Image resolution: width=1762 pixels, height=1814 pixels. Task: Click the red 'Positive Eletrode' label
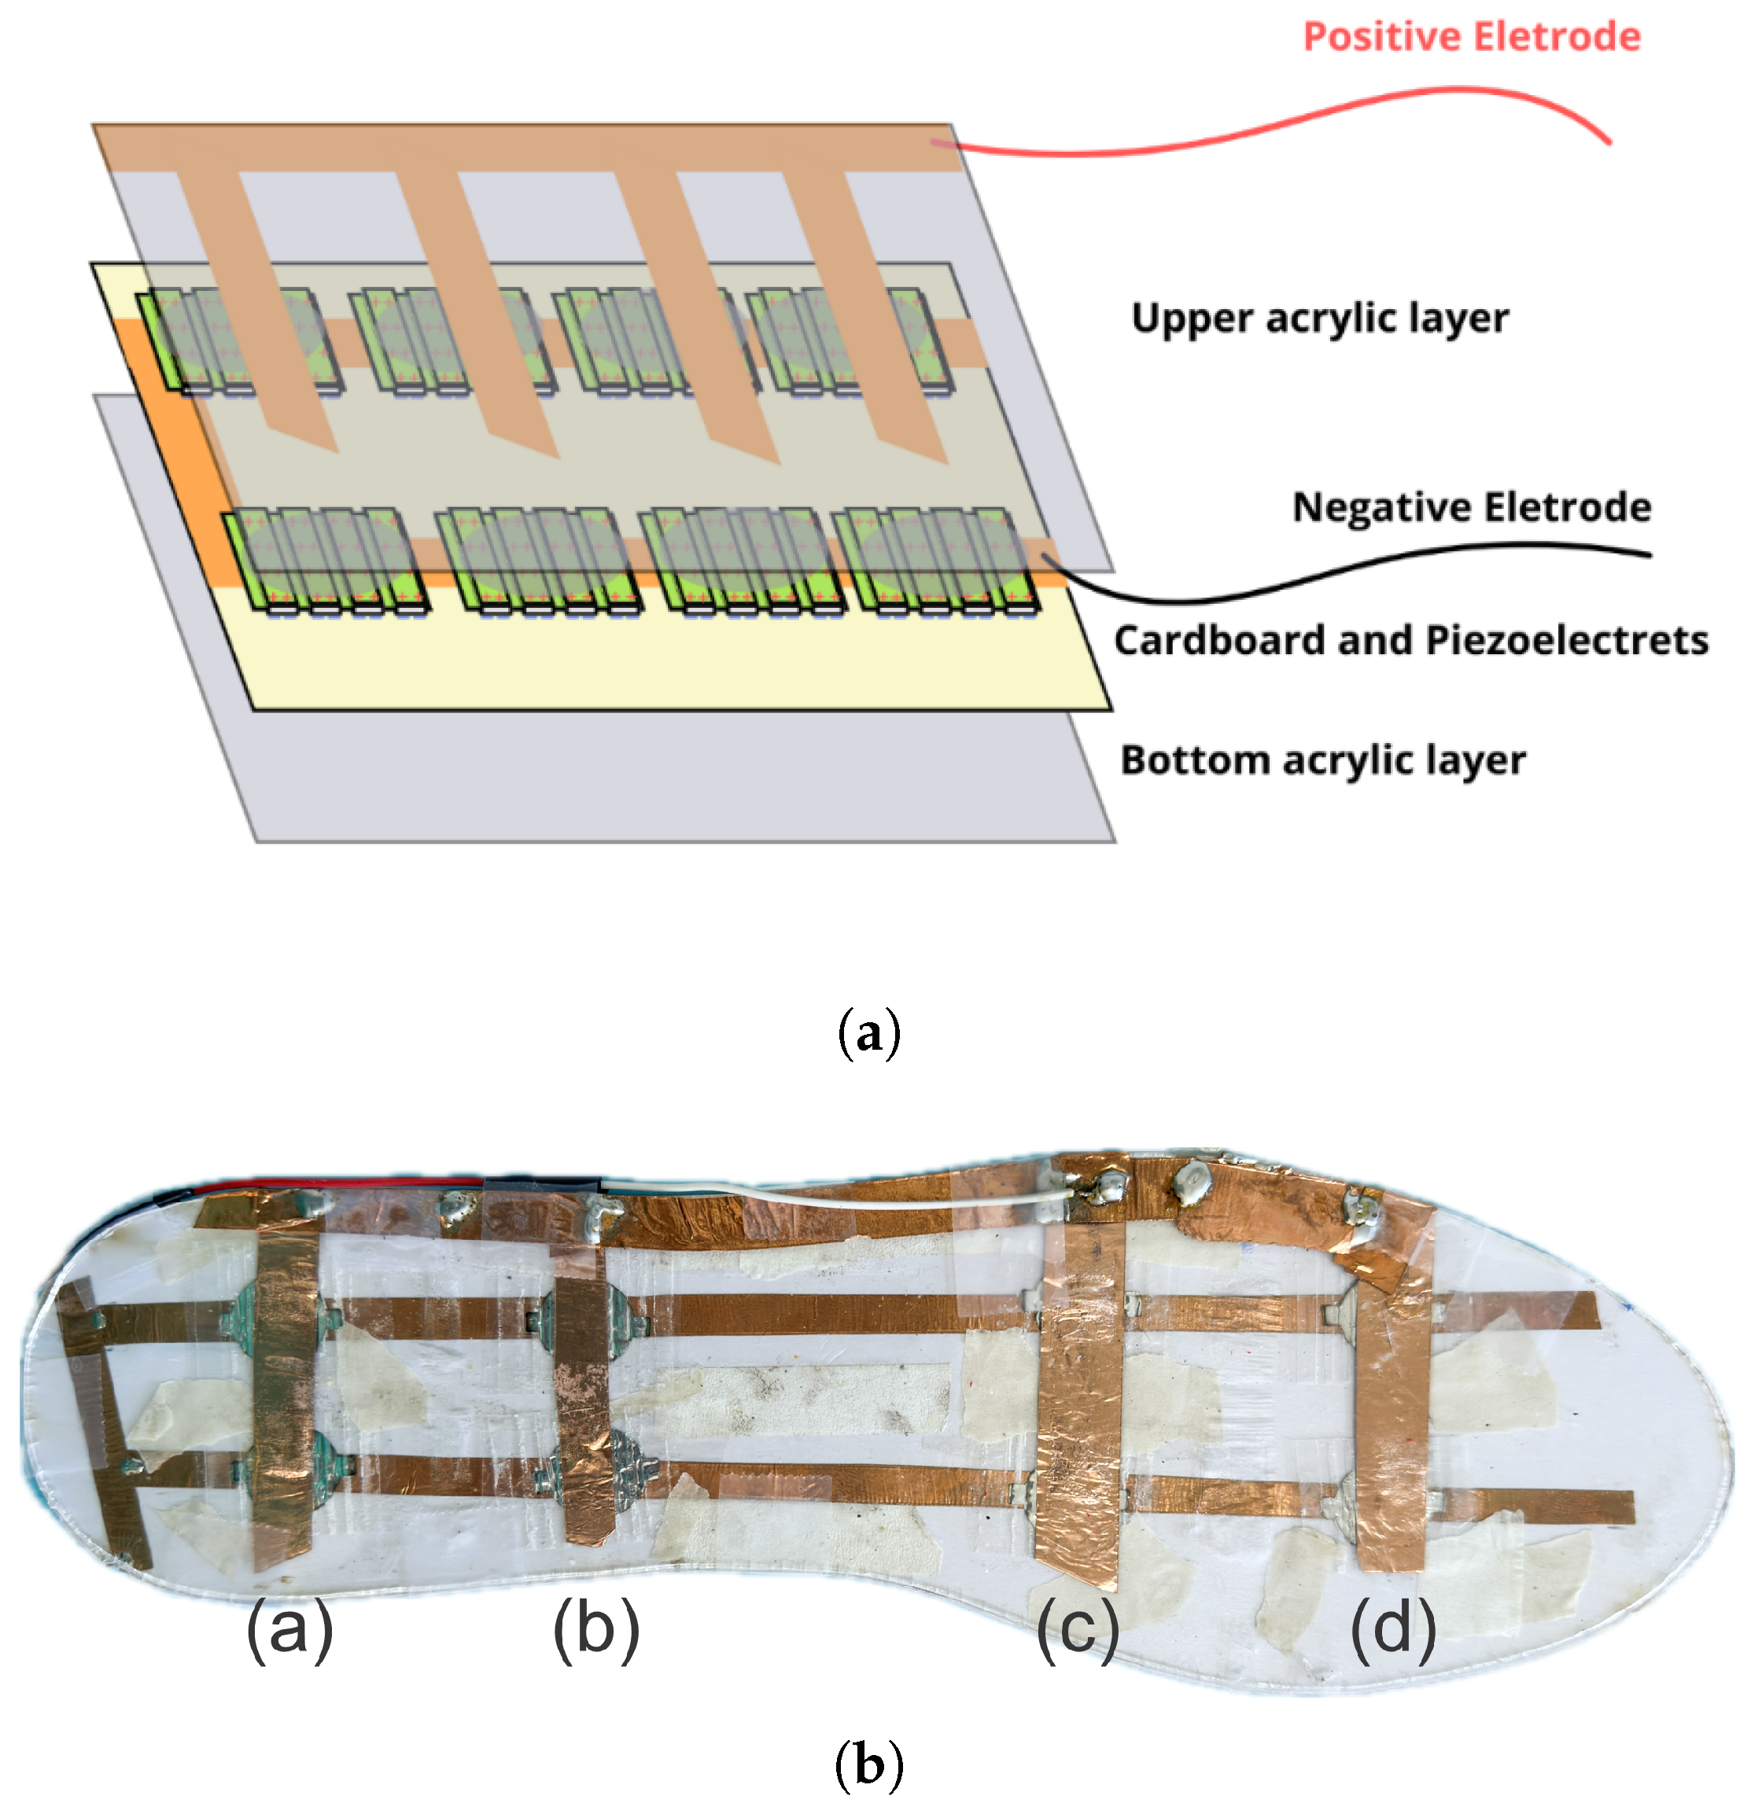(x=1470, y=37)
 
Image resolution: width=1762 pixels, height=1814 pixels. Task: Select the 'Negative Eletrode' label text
(x=1470, y=507)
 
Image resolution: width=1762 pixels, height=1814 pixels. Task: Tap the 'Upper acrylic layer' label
(x=1319, y=318)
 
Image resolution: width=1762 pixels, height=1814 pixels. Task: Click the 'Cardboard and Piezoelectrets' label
(x=1410, y=641)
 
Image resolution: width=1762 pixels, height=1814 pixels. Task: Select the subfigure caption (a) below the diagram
(x=868, y=1033)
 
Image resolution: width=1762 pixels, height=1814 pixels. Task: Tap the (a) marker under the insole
(x=289, y=1630)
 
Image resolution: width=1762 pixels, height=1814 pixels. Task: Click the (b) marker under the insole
(x=595, y=1630)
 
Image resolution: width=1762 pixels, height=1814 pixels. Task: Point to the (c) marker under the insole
(x=1077, y=1630)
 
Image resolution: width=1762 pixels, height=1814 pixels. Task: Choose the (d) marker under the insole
(x=1392, y=1630)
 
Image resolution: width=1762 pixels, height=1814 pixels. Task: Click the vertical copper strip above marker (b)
(x=581, y=1389)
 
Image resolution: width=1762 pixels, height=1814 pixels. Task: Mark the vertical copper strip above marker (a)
(x=282, y=1389)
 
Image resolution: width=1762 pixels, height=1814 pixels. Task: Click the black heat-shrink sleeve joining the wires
(x=542, y=1186)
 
